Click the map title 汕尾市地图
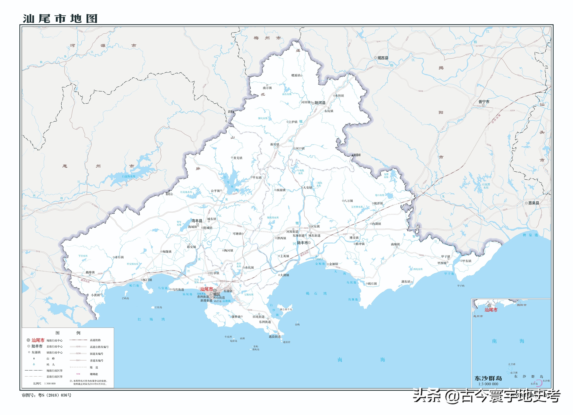click(x=60, y=18)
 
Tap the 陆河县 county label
click(x=320, y=103)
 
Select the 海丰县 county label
click(x=197, y=221)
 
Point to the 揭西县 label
click(x=383, y=58)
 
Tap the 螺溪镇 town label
click(x=296, y=75)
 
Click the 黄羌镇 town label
click(x=238, y=158)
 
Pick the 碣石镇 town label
click(x=372, y=284)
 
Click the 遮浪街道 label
click(x=275, y=337)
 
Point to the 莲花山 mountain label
click(x=169, y=194)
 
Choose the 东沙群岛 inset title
click(x=488, y=378)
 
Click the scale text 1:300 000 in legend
click(x=50, y=383)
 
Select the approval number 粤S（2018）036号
click(x=55, y=395)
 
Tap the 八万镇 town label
click(x=348, y=201)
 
